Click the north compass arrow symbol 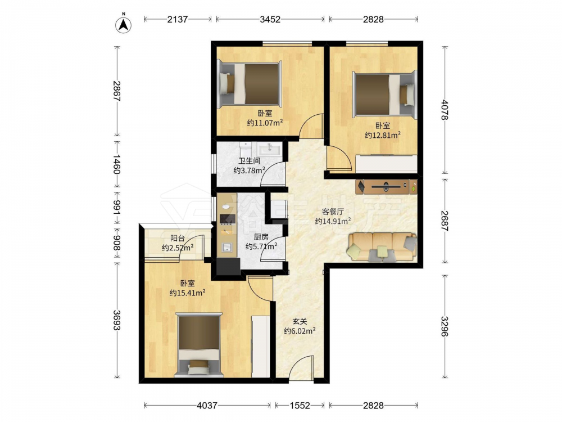(123, 24)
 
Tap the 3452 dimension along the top (270, 19)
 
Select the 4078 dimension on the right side (445, 110)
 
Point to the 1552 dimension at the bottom (300, 406)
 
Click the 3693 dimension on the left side (117, 320)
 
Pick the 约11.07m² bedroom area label (265, 123)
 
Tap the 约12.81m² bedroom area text (382, 135)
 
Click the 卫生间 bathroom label (250, 161)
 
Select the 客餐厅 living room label (333, 212)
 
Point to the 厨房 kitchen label (261, 237)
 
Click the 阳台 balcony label (178, 238)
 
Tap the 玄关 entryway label (300, 321)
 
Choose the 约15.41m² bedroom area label (188, 293)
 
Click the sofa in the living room (382, 247)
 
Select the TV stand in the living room (387, 186)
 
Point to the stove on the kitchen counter (227, 219)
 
